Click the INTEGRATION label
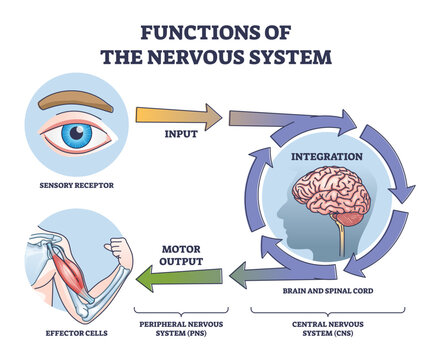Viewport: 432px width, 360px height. [x=325, y=158]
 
